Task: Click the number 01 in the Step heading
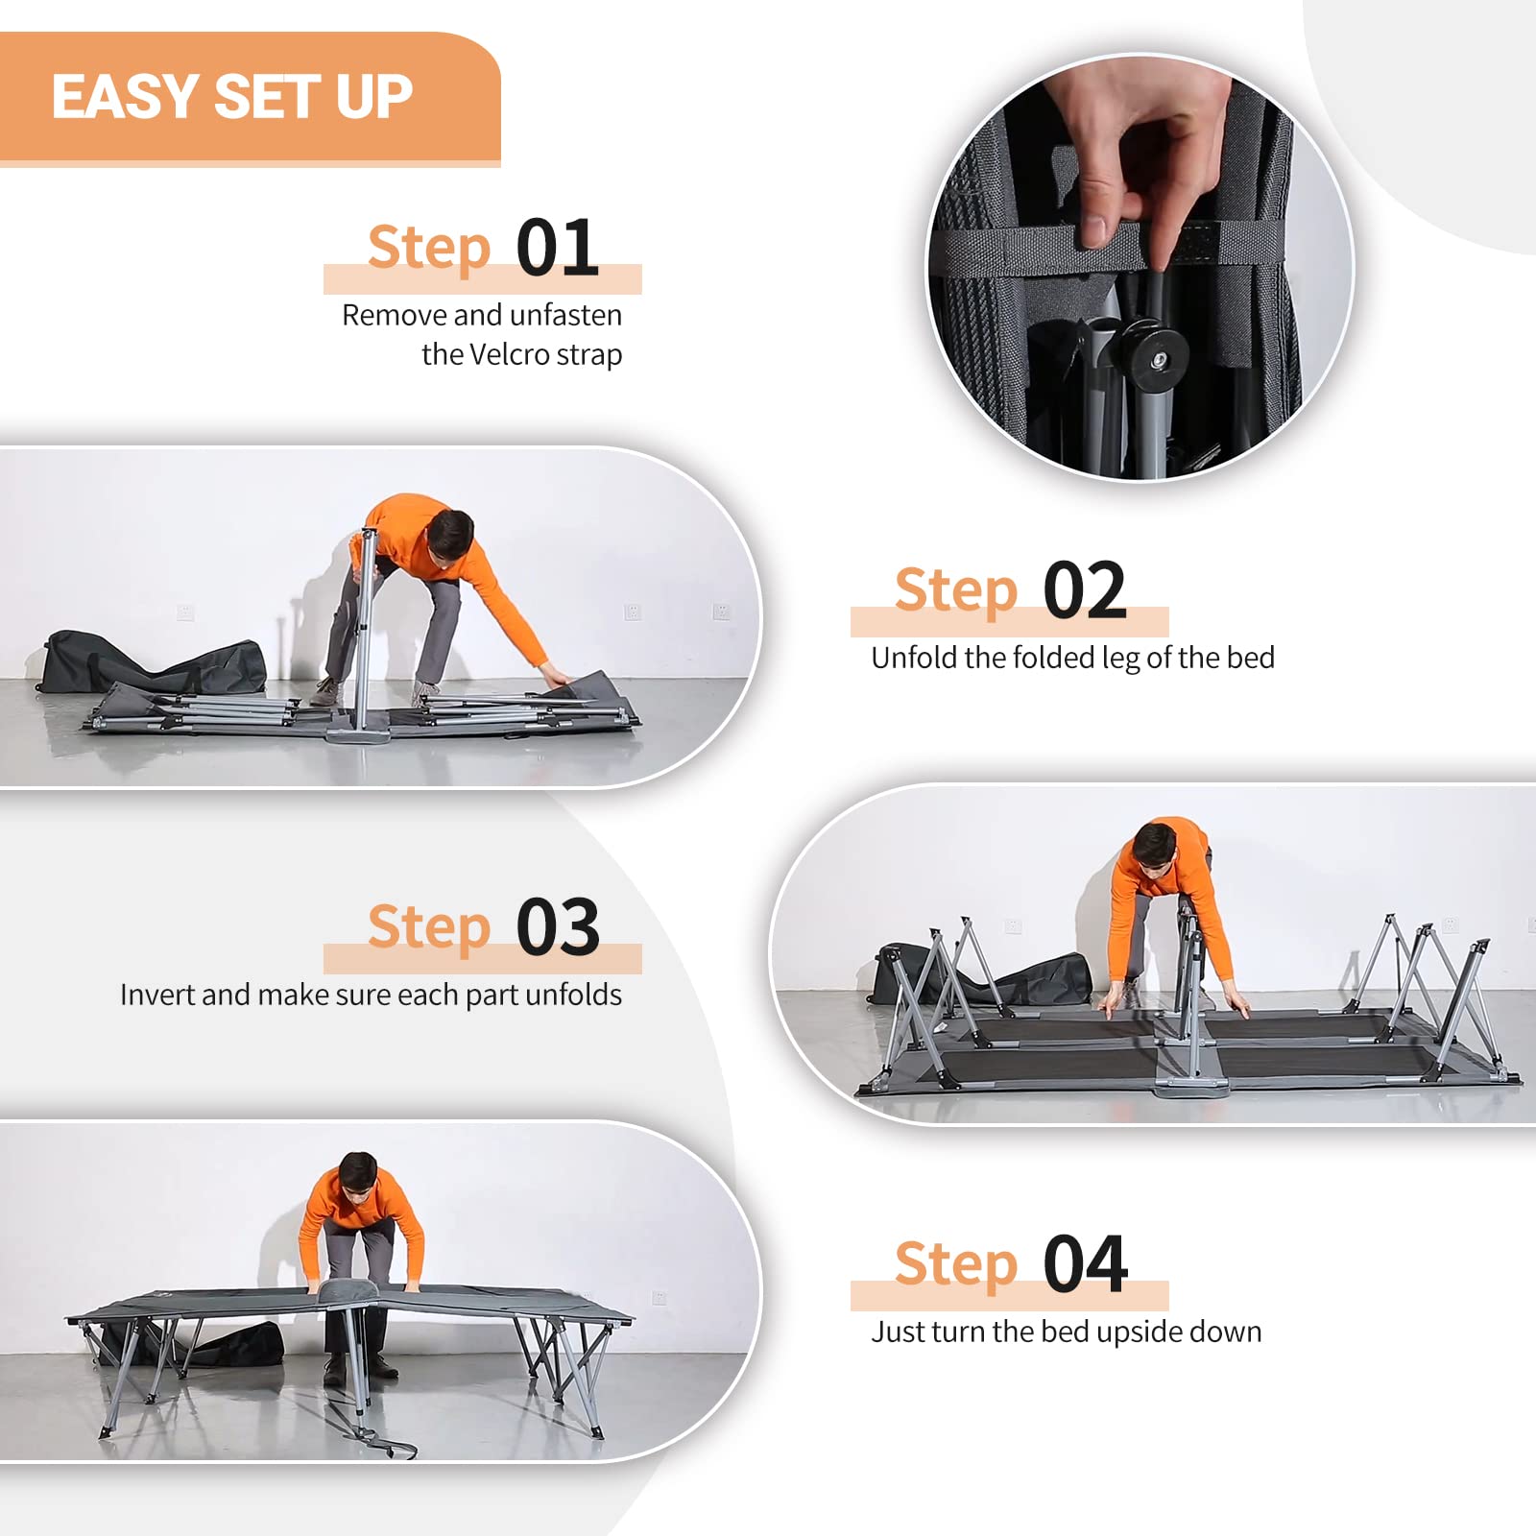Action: click(558, 248)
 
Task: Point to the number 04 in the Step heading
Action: click(1085, 1264)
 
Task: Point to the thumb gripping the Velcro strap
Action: click(1092, 207)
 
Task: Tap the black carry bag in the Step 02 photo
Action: click(154, 662)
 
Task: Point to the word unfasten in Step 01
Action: click(565, 315)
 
